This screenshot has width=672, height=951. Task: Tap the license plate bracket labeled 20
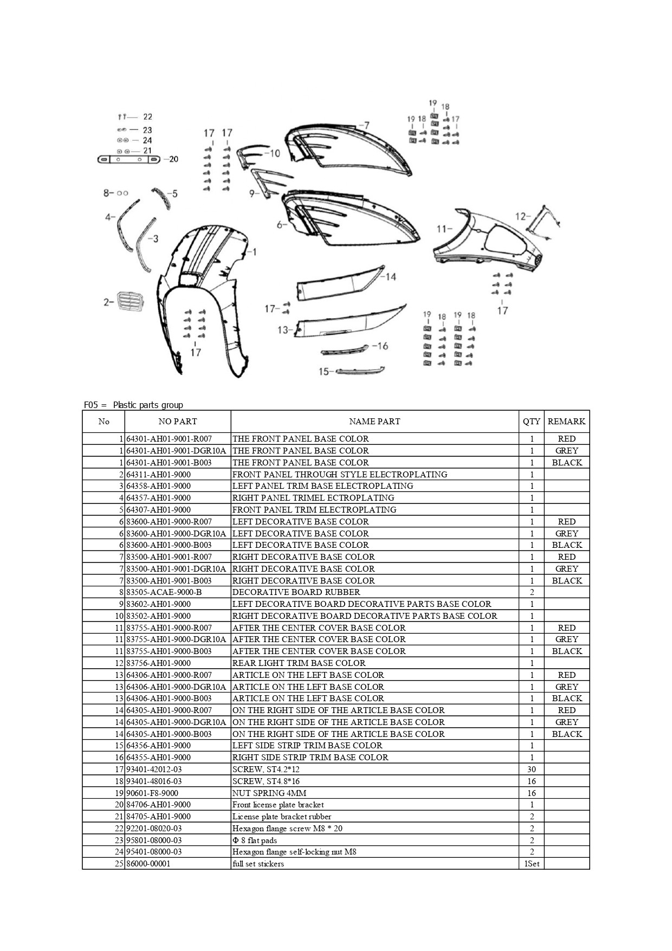tap(128, 159)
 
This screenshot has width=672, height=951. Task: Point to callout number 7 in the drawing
tap(366, 125)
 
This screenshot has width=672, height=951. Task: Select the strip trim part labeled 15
tap(360, 371)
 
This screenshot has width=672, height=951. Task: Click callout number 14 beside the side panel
tap(391, 277)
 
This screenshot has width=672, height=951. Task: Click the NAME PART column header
tap(374, 421)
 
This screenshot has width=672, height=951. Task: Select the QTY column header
tap(531, 421)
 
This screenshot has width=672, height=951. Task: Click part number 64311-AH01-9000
tap(158, 474)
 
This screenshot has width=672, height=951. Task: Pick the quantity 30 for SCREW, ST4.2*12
tap(531, 769)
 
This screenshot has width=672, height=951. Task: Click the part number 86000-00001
tap(148, 864)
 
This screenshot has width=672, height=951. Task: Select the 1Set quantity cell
tap(531, 864)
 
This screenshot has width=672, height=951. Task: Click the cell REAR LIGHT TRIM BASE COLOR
tap(299, 663)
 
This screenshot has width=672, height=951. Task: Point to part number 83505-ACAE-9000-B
tap(164, 592)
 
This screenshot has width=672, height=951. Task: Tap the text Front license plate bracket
tap(278, 805)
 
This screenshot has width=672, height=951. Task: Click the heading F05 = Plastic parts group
tap(133, 405)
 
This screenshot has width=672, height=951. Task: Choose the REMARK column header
tap(566, 421)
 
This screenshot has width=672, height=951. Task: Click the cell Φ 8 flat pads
tap(254, 840)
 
